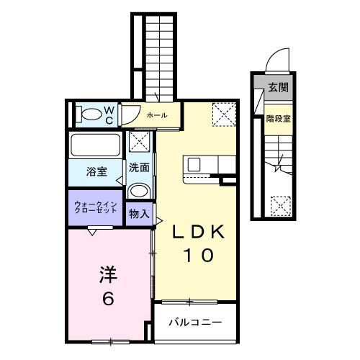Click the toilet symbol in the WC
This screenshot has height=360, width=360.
click(x=91, y=114)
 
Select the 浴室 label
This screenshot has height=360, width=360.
click(x=97, y=171)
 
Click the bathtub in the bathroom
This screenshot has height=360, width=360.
click(x=97, y=146)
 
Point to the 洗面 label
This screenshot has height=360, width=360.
click(x=140, y=168)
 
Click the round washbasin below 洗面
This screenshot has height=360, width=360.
click(x=140, y=191)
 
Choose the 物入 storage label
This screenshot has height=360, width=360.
click(x=140, y=214)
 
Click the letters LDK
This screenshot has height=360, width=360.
click(x=199, y=233)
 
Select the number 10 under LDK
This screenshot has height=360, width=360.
click(x=198, y=256)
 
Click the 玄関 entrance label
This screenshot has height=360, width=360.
click(x=278, y=88)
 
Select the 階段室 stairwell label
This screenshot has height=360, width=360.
click(x=277, y=119)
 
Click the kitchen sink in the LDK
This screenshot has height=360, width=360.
click(x=194, y=164)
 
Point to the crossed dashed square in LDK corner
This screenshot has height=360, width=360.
click(x=222, y=113)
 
